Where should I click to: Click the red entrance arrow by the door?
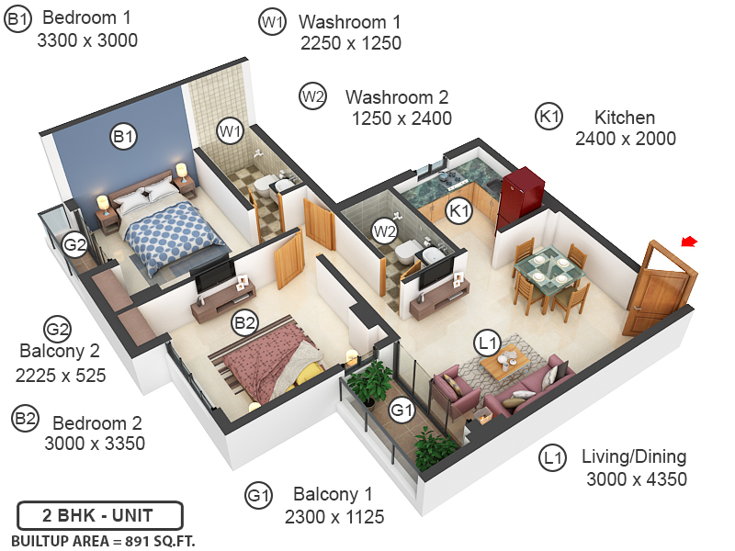[689, 242]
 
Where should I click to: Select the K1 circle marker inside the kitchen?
[458, 211]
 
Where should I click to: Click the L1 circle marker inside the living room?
[487, 343]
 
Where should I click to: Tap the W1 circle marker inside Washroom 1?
[230, 132]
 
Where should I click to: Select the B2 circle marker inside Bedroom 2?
[244, 322]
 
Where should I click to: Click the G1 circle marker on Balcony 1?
[401, 409]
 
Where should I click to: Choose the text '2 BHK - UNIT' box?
[99, 514]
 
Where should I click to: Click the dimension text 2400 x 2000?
[625, 139]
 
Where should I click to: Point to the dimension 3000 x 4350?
[636, 478]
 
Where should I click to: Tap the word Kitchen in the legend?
[625, 118]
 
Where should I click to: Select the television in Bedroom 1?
[215, 274]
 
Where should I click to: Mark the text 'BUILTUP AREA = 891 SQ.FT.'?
[103, 540]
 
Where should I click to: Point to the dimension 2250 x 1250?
[350, 43]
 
